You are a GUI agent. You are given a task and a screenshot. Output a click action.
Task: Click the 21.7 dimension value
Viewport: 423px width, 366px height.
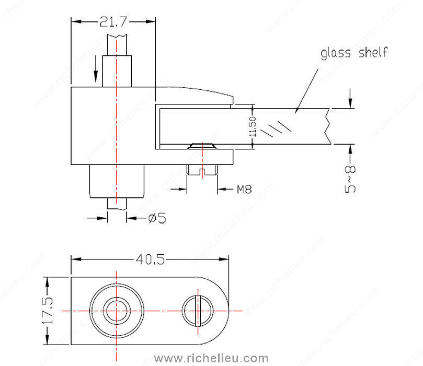point(113,21)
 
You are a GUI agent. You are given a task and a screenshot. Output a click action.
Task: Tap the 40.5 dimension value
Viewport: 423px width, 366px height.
point(151,258)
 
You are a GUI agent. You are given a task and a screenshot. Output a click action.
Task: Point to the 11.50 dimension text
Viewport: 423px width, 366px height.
point(252,127)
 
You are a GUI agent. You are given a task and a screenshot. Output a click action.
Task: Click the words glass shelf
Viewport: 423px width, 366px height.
point(355,53)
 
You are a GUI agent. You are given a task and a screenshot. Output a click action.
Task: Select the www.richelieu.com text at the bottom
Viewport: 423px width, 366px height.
point(212,358)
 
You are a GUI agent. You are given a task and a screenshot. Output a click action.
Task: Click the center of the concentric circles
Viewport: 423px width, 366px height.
point(116,311)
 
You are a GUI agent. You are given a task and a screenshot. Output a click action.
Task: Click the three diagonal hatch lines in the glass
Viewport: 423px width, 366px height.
point(277,128)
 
